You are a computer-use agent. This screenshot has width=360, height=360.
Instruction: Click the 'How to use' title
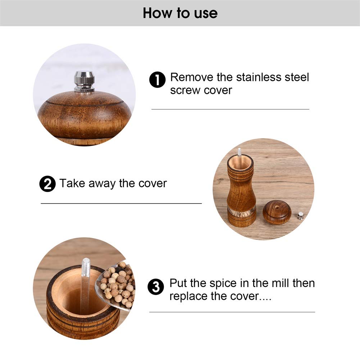click(x=180, y=13)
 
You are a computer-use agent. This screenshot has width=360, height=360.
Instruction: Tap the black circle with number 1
click(x=157, y=80)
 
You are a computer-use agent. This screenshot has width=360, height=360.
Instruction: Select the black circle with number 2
click(x=47, y=184)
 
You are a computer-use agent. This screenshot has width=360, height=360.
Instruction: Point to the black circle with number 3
click(x=156, y=287)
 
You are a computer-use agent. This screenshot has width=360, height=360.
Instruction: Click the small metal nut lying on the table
click(x=300, y=216)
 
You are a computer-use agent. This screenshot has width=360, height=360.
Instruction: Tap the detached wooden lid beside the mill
click(x=277, y=213)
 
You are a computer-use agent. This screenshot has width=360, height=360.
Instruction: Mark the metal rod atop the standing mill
click(x=239, y=152)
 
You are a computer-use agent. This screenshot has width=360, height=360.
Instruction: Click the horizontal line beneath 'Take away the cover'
click(x=121, y=204)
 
